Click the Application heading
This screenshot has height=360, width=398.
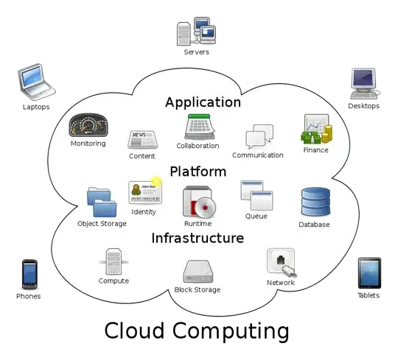pyautogui.click(x=203, y=102)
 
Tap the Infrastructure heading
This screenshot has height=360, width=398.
pyautogui.click(x=198, y=238)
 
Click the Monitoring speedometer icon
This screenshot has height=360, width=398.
pyautogui.click(x=88, y=125)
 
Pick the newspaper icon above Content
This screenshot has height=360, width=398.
pyautogui.click(x=141, y=139)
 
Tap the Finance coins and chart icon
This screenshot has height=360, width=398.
pyautogui.click(x=316, y=130)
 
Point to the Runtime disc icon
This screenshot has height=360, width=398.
pyautogui.click(x=198, y=202)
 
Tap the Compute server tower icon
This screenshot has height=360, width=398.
pyautogui.click(x=114, y=262)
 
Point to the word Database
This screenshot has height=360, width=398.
pyautogui.click(x=315, y=225)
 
